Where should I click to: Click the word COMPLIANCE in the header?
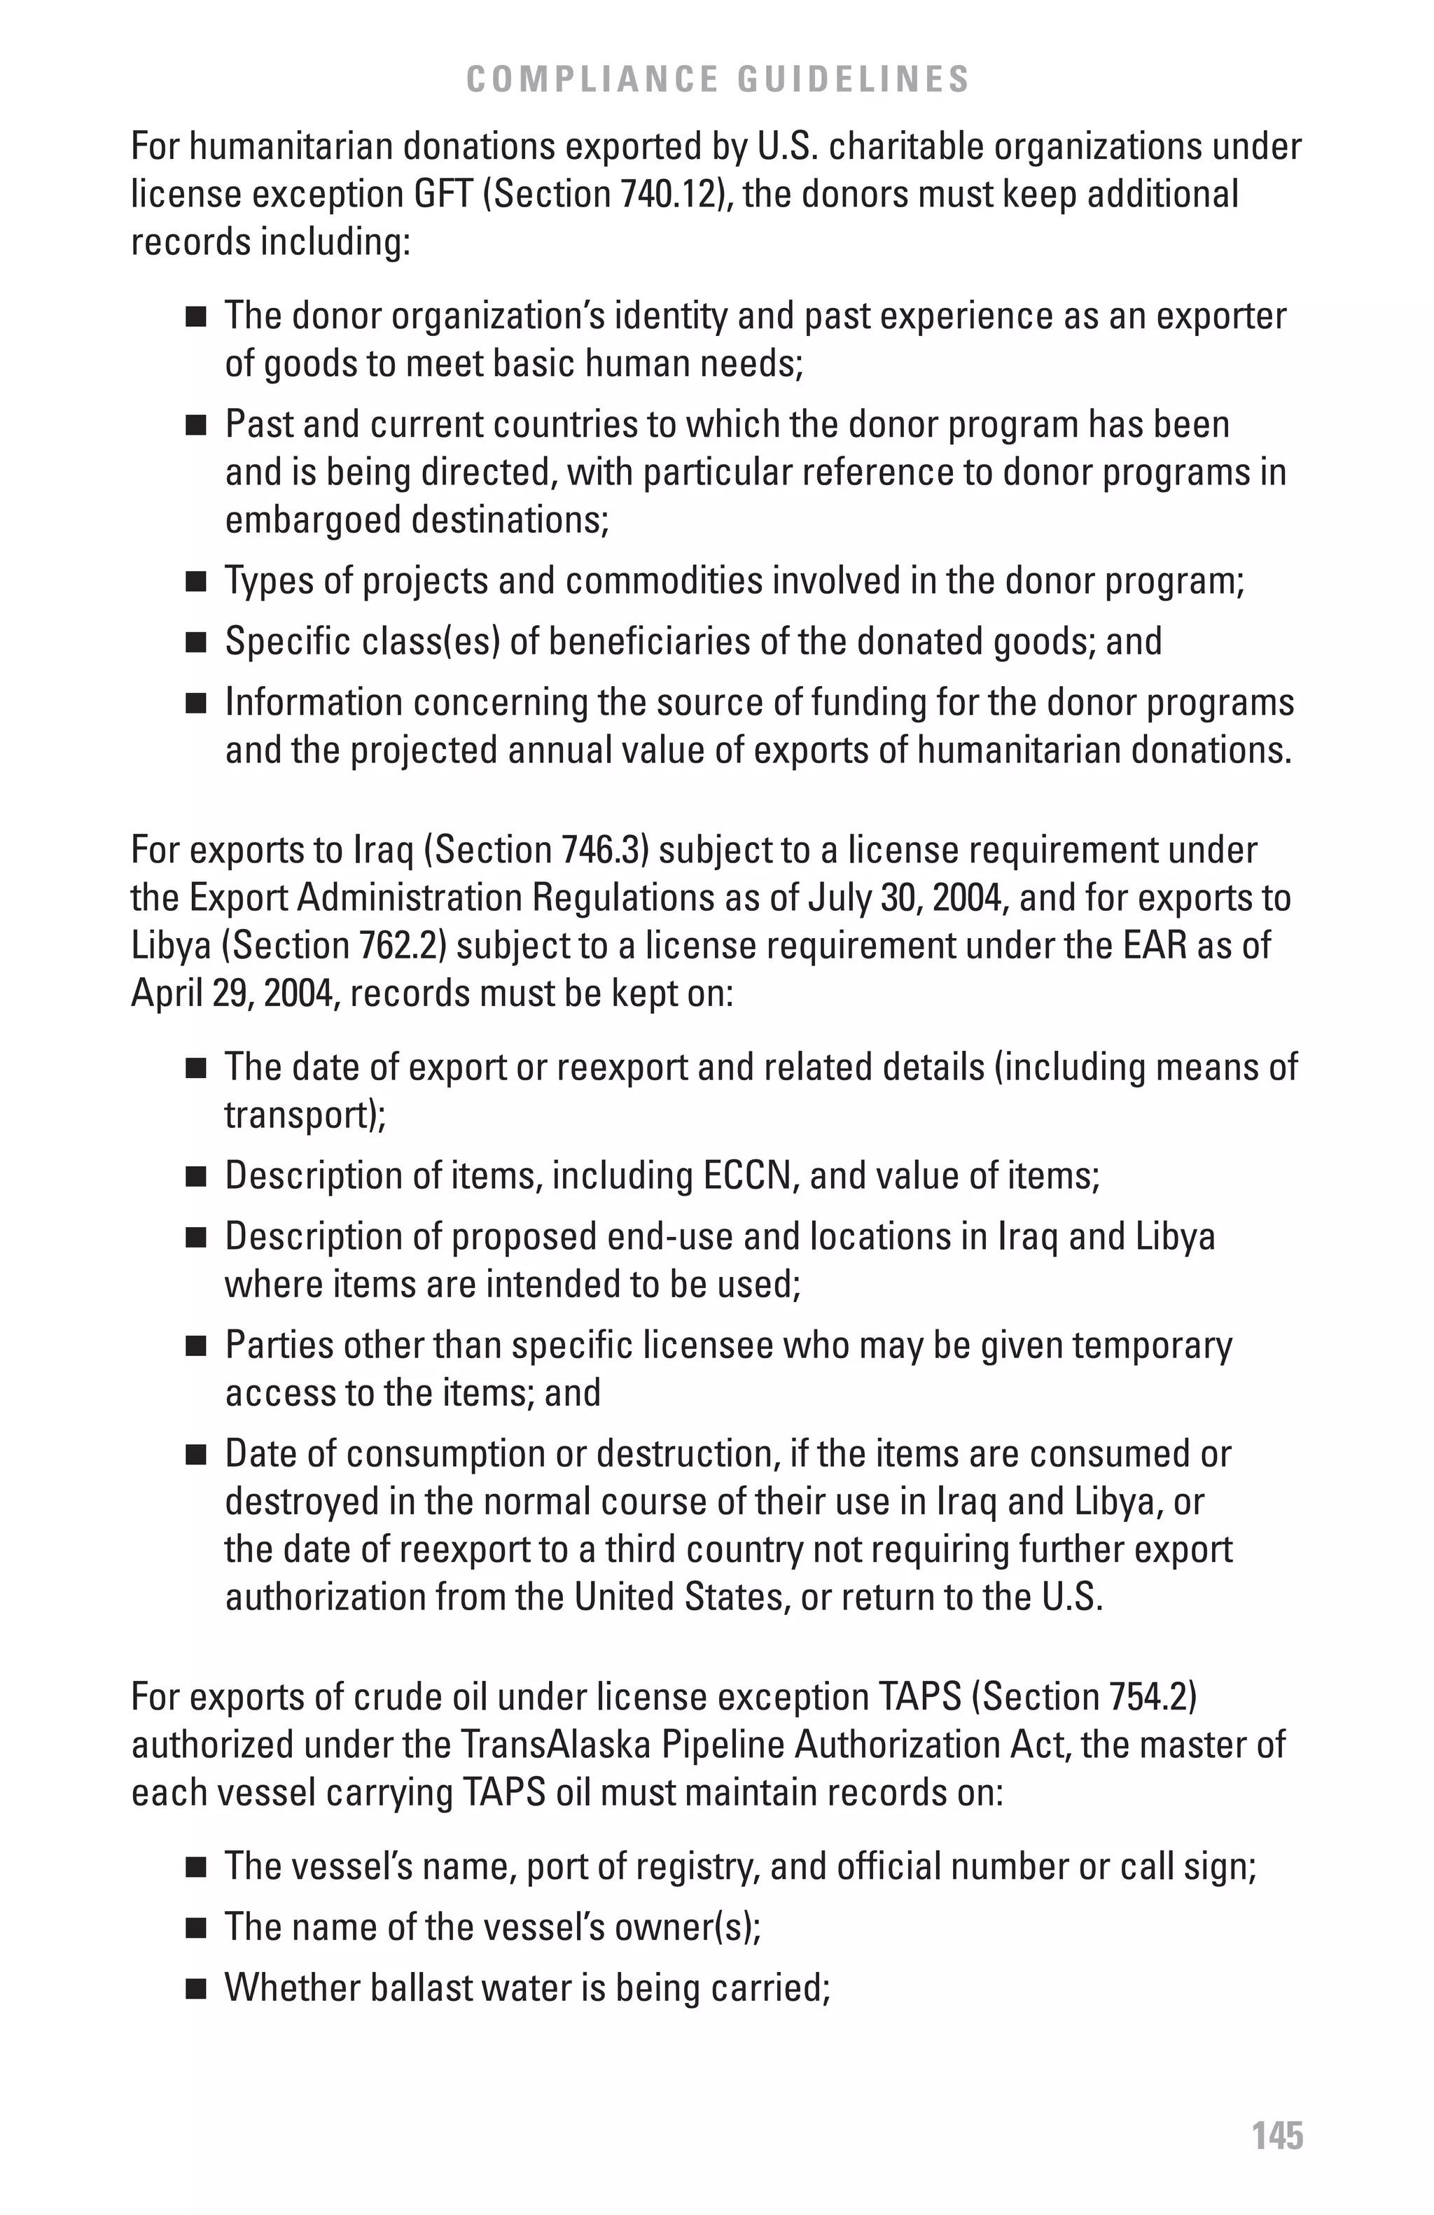click(x=593, y=79)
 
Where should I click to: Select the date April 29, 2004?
click(x=226, y=993)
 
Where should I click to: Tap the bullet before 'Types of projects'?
click(x=195, y=582)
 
